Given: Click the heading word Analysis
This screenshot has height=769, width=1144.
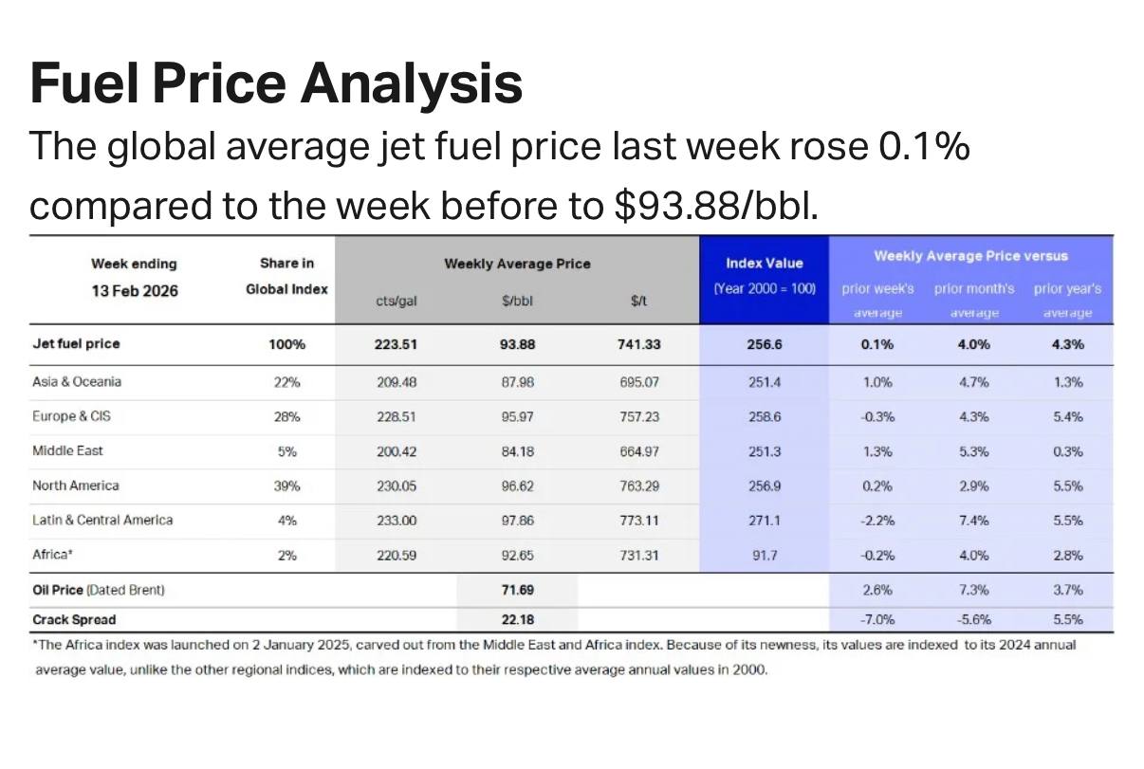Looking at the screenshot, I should coord(412,82).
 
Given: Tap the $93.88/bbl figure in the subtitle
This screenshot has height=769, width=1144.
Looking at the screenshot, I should coord(714,206).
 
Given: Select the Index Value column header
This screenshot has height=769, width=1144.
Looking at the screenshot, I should coord(764,264).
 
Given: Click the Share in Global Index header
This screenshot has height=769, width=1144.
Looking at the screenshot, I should coord(286,276).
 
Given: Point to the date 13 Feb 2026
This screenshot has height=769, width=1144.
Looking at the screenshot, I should coord(134,290).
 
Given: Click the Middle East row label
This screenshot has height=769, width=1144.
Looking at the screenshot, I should coord(68,450).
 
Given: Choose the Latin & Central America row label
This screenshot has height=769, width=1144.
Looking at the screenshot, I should coord(102,520).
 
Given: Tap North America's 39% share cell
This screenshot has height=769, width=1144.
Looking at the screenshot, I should coord(286,485).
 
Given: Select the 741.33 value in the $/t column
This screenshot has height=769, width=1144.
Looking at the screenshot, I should coord(638,344).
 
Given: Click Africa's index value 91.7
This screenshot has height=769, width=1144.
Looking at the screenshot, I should coord(764,555).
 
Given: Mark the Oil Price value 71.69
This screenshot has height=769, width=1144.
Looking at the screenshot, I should coord(517,590).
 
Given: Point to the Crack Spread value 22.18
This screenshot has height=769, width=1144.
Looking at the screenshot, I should coord(517,619).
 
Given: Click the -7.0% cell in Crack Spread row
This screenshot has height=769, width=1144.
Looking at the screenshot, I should coord(877,619).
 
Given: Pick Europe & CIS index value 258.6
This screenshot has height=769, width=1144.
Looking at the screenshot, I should coord(764,416).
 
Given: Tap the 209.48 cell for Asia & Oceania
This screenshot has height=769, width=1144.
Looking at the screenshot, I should coord(397,382).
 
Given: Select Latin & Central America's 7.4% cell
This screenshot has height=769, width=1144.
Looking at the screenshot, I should coord(973,520).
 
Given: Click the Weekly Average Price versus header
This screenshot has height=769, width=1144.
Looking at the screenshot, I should coord(970,256).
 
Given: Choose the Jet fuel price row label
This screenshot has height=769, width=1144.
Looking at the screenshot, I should coord(76,343).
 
